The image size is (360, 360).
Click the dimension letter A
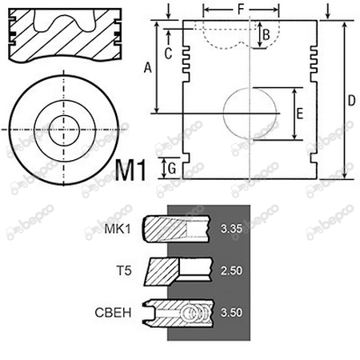(147, 67)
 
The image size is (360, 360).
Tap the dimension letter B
(266, 35)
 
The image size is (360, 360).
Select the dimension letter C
(168, 54)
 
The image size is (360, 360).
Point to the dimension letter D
(352, 101)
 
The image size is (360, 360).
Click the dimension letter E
(300, 114)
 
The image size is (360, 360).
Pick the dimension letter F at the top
(241, 10)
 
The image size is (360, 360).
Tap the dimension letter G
(172, 169)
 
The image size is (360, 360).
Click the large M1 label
(130, 170)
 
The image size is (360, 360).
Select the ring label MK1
(118, 229)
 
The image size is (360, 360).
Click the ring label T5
(124, 271)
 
